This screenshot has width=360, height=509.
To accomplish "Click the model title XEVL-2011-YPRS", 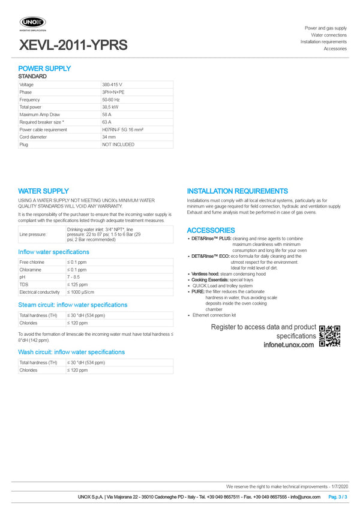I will coord(73,45).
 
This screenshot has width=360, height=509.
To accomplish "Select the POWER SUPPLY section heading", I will coord(44,68).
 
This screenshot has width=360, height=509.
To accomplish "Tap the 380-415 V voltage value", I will coord(112,85).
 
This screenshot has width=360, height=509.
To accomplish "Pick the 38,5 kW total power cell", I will coord(110,107).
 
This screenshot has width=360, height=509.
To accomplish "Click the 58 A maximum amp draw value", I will coord(107,115).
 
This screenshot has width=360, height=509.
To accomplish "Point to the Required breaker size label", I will coord(42,122).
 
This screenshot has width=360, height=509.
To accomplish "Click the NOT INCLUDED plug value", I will coord(118,144).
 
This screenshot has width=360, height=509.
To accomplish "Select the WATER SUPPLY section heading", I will coord(43,191).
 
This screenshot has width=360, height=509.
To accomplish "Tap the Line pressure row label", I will coord(33,234).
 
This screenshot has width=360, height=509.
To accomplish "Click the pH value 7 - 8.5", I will coord(73,277).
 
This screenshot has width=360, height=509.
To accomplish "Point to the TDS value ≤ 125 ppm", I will coord(77,284).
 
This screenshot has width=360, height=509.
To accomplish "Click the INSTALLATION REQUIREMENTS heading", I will coord(237,191).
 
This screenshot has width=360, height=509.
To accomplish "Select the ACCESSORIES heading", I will coord(211,230).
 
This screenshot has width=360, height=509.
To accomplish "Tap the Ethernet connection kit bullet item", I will coord(214,315).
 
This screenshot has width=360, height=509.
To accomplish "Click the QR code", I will coord(329,336).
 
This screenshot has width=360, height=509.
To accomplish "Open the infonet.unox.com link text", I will coord(288,345).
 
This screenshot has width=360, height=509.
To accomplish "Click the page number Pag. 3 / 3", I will coord(337,497).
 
